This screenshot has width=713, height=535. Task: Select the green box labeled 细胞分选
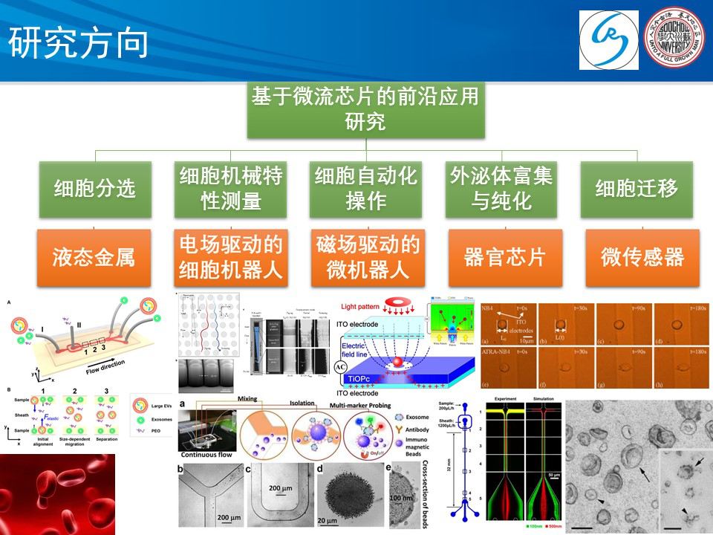tap(94, 189)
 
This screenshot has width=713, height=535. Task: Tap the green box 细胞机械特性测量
tap(231, 189)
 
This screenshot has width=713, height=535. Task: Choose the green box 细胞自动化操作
tap(366, 189)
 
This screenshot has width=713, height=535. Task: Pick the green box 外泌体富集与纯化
tap(501, 189)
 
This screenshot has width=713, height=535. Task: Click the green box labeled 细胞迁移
tap(637, 189)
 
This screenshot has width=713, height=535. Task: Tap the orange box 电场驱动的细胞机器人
tap(231, 258)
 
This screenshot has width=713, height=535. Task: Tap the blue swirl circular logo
tap(609, 41)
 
